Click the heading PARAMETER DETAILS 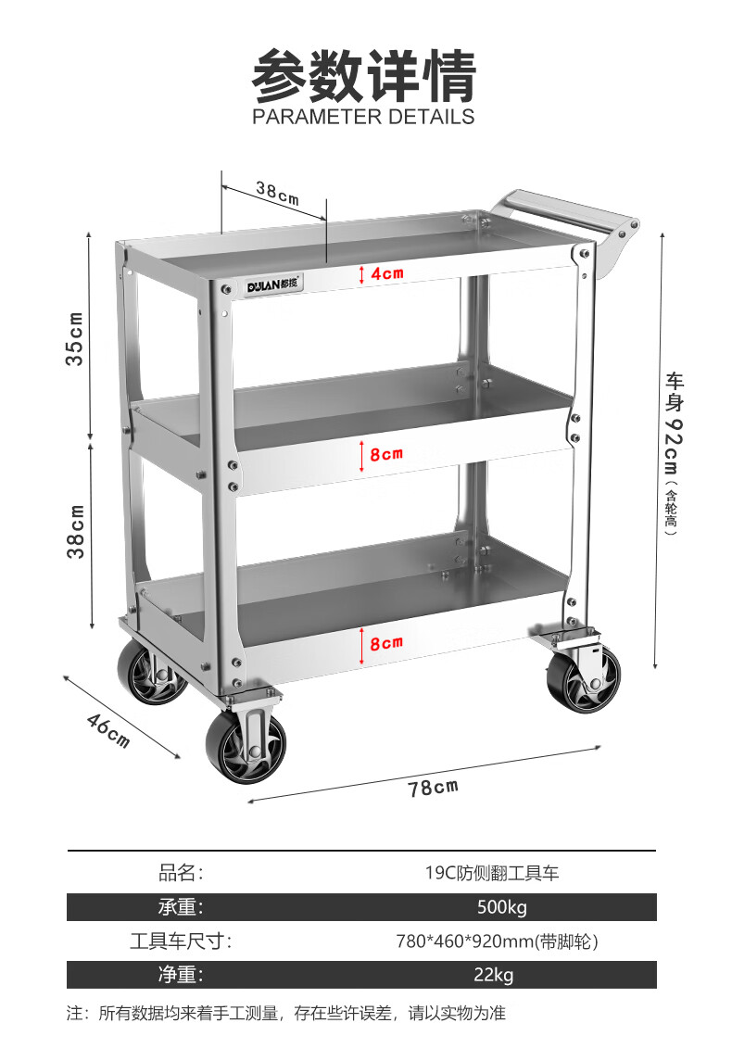coord(363,117)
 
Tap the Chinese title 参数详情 coord(363,75)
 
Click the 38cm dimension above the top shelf coord(277,194)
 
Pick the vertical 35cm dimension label coord(75,338)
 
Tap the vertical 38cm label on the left coord(76,531)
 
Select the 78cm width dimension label coord(433,788)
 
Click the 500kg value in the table coord(501,907)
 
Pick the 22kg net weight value coord(492,975)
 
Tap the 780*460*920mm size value coord(497,941)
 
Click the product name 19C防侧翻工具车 coord(492,873)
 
